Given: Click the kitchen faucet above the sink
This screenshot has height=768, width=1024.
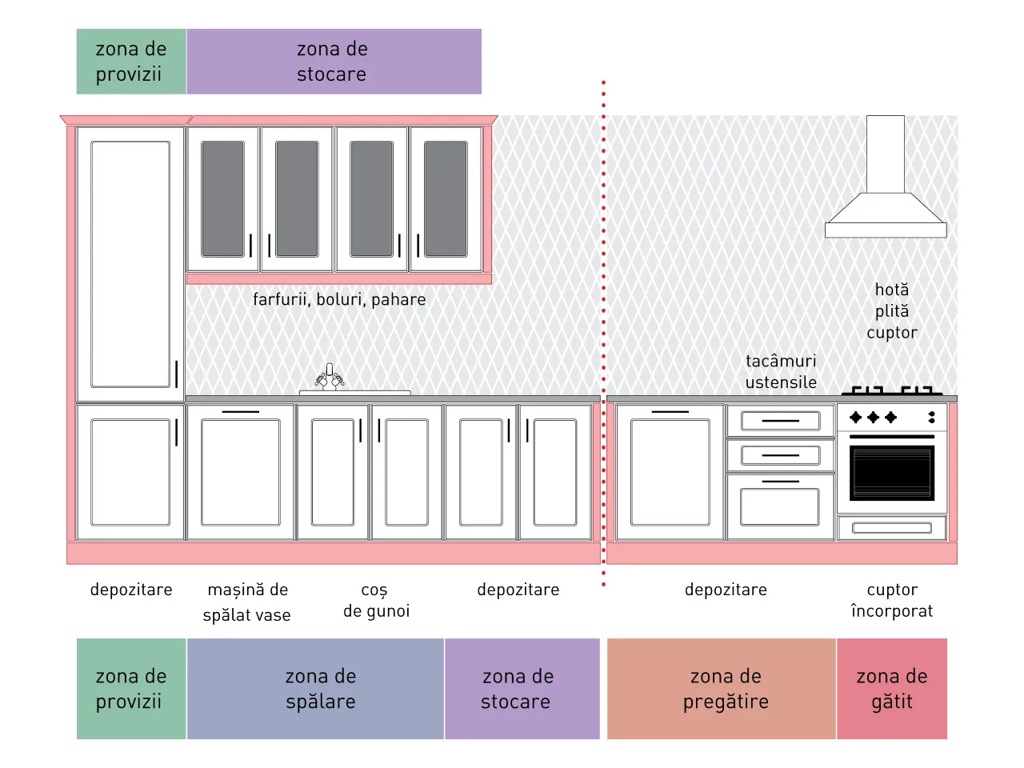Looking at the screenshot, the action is pyautogui.click(x=330, y=377).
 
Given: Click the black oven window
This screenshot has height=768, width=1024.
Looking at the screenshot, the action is pyautogui.click(x=891, y=473).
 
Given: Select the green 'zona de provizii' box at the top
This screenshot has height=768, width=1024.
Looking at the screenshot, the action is pyautogui.click(x=131, y=62).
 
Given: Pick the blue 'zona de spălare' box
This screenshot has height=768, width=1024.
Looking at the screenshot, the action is pyautogui.click(x=315, y=688).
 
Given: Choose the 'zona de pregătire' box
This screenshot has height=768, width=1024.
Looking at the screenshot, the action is pyautogui.click(x=722, y=688).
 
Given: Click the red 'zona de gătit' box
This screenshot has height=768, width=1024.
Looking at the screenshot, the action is pyautogui.click(x=892, y=688).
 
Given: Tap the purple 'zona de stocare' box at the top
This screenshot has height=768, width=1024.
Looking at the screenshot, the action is pyautogui.click(x=334, y=62).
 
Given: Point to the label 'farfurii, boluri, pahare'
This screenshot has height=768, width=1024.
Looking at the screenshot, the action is pyautogui.click(x=339, y=299).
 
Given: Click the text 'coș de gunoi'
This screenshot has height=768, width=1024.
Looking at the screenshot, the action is pyautogui.click(x=376, y=601).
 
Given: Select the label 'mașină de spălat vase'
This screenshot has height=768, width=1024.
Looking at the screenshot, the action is pyautogui.click(x=246, y=602).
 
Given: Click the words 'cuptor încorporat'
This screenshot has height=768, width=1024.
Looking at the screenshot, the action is pyautogui.click(x=892, y=601).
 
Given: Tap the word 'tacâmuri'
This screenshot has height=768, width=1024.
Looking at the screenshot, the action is pyautogui.click(x=781, y=361).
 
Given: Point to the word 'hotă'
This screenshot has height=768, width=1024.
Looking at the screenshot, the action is pyautogui.click(x=891, y=290).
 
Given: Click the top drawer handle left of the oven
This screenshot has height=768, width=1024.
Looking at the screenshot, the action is pyautogui.click(x=781, y=421).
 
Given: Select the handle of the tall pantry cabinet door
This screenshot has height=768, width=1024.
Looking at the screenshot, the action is pyautogui.click(x=176, y=374).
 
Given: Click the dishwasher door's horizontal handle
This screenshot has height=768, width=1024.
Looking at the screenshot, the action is pyautogui.click(x=240, y=412).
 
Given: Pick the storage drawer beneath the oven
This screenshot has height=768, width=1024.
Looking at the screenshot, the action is pyautogui.click(x=891, y=528).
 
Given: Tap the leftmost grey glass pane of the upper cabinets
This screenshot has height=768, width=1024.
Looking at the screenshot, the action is pyautogui.click(x=223, y=199).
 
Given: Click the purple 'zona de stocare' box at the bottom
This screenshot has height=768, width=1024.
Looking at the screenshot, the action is pyautogui.click(x=522, y=688).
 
